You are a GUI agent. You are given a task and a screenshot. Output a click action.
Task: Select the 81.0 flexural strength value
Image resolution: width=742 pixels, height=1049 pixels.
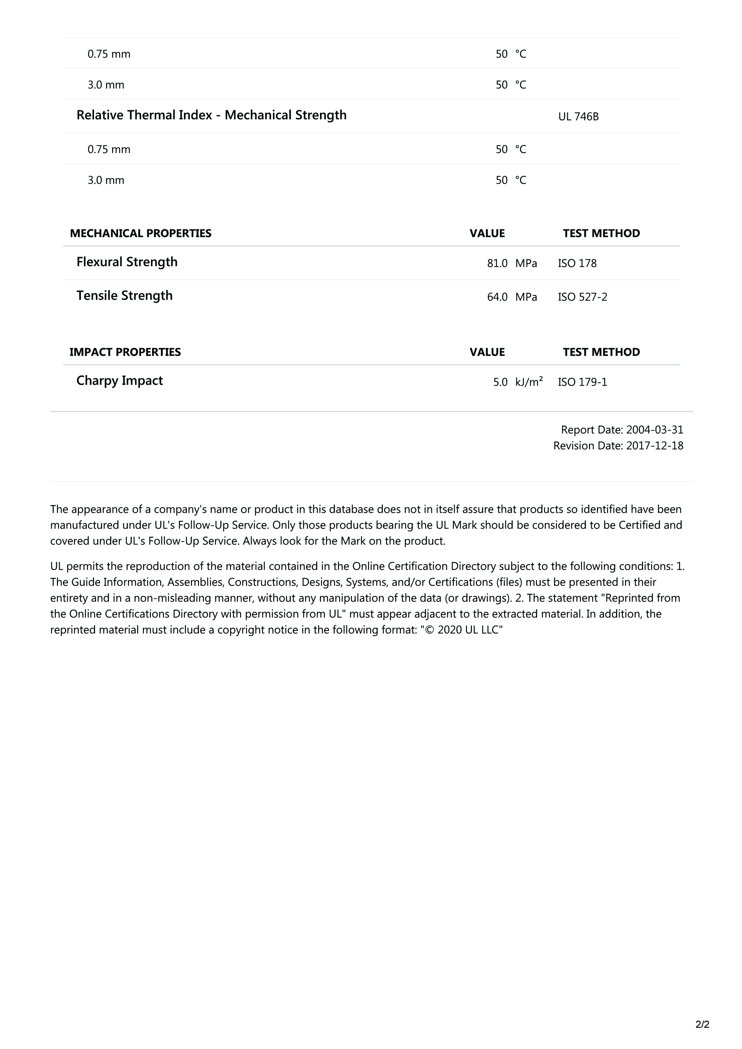[x=497, y=263]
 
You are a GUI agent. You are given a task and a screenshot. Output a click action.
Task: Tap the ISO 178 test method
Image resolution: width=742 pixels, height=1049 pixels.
[x=577, y=263]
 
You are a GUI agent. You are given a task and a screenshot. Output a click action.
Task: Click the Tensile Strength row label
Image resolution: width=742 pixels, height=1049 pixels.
[x=124, y=296]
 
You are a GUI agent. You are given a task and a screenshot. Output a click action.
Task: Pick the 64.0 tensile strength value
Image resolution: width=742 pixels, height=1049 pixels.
[x=497, y=297]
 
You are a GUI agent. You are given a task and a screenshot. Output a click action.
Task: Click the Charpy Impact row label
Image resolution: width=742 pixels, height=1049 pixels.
[x=119, y=381]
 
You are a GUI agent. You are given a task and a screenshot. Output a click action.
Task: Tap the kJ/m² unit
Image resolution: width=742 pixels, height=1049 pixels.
[x=529, y=381]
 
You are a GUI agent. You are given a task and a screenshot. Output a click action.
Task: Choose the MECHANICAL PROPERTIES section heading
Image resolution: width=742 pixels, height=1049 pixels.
[x=140, y=233]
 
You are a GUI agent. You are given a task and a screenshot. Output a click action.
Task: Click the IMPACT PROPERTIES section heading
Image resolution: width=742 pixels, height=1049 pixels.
[x=125, y=352]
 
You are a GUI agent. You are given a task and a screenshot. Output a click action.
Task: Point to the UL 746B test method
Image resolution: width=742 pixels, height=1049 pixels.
[x=578, y=117]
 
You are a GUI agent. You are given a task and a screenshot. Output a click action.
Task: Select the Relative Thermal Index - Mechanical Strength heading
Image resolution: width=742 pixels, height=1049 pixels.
[x=211, y=115]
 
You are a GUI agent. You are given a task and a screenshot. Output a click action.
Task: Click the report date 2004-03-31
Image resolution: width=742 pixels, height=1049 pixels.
[x=654, y=430]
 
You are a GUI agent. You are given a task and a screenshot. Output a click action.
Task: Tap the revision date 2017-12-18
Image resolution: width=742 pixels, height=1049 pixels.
[x=654, y=446]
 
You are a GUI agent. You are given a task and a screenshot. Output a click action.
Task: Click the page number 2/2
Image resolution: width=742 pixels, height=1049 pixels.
[x=702, y=1024]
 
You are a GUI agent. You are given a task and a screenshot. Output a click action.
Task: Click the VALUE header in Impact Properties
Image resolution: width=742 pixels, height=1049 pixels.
[x=487, y=352]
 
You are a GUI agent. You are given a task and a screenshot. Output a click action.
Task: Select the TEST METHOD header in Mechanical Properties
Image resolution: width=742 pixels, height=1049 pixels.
[x=601, y=233]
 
